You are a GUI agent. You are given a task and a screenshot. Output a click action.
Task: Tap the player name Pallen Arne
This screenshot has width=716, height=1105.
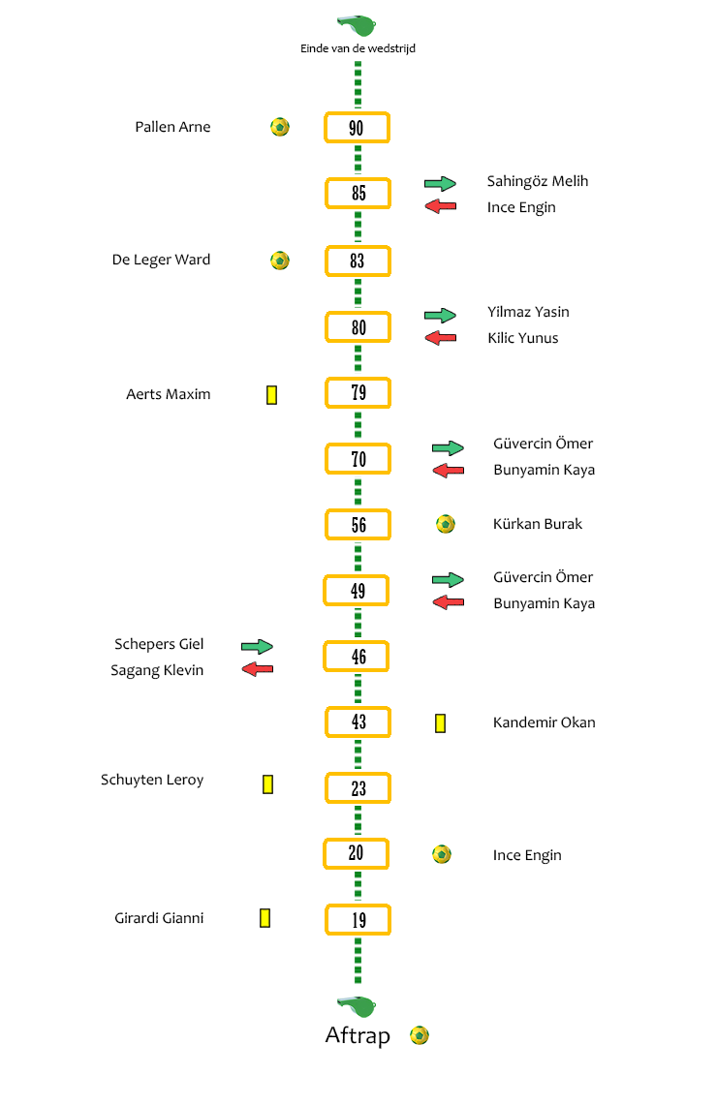coord(172,127)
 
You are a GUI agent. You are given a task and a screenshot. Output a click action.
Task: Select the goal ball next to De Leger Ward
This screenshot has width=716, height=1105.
coord(280,261)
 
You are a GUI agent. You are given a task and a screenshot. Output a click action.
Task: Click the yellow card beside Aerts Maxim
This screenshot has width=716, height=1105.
coord(271,395)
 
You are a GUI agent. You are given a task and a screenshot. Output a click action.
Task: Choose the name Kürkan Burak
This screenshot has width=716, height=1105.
coord(538,524)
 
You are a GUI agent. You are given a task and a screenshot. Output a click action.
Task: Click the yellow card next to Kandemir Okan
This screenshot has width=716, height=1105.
coord(441,723)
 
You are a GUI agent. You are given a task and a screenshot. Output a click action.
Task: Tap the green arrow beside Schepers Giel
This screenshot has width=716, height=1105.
coord(257,646)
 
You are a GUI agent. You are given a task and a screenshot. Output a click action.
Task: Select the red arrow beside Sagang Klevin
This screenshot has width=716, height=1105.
coord(257,669)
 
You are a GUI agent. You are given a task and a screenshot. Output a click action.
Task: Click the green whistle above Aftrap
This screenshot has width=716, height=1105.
coord(358,1006)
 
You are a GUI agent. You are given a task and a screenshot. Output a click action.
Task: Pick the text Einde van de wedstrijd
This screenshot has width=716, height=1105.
coord(358,47)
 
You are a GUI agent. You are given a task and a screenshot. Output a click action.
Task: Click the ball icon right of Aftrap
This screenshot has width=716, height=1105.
coord(420,1035)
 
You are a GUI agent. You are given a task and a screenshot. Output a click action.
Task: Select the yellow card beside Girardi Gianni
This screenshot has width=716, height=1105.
coord(265,917)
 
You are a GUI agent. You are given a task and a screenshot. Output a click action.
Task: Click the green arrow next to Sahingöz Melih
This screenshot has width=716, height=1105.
coord(441,184)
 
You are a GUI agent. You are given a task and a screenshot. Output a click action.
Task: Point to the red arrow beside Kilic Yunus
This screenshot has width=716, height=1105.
coord(441,338)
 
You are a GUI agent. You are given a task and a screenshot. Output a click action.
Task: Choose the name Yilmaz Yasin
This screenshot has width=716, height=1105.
coord(529,312)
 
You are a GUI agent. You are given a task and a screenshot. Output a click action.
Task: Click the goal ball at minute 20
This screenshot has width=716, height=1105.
coord(442,854)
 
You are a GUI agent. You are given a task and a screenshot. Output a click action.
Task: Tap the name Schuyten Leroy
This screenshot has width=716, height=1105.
coord(152,780)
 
